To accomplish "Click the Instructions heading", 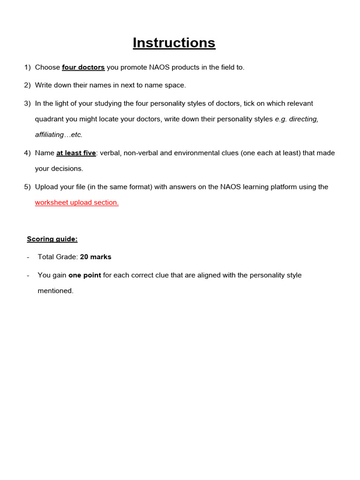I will pos(174,43).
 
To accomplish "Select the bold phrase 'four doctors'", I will pos(83,67).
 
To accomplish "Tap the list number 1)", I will pos(27,67).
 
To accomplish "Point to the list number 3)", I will pos(27,103).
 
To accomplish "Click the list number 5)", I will pos(27,187).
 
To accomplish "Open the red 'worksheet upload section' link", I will pos(76,202).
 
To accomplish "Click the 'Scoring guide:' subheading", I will pos(52,239).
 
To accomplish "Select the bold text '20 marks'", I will pos(96,257).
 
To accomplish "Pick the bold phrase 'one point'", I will pos(84,275).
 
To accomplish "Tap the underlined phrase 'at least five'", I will pos(76,153).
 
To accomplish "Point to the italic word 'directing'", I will pos(303,119).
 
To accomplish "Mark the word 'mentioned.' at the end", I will pos(55,291).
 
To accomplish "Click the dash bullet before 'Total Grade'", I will pos(29,257).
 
